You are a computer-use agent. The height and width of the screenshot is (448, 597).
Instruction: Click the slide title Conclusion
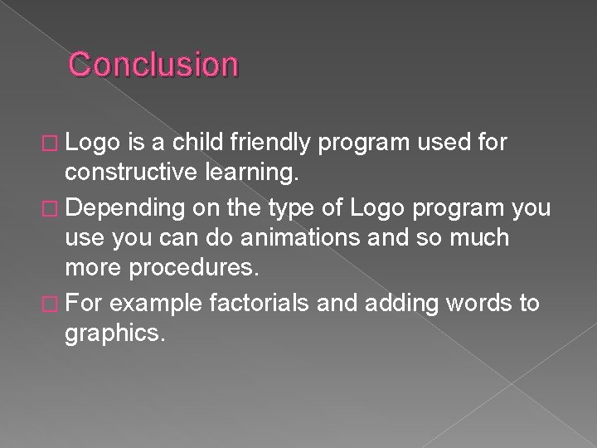coord(153,64)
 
